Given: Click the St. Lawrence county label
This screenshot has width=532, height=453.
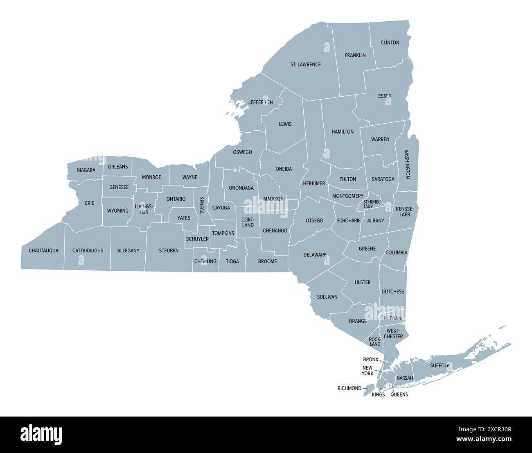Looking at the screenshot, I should coord(305,65).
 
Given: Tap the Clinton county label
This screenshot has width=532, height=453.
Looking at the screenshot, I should coord(390,43).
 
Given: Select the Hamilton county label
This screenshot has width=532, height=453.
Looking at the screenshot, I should coord(343,132).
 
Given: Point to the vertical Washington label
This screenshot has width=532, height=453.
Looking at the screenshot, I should coord(407,164).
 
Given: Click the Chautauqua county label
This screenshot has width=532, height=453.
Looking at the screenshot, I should coord(43,251).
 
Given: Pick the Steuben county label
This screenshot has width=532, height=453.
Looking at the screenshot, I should coord(169,251).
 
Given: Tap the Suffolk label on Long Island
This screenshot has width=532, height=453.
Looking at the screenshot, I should coord(440,365).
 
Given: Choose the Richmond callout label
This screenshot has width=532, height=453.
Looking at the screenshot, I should coord(349,388).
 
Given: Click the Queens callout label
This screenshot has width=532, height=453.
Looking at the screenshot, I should coord(399,395).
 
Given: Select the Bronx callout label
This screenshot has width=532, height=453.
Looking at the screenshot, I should coord(371,360).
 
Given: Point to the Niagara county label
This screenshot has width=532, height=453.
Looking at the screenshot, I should coord(86,170).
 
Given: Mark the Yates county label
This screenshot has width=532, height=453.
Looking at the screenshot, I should coord(184,218).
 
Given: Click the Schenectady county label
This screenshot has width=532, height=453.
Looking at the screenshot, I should coord(372,204).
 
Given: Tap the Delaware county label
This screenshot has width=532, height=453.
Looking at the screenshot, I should coord(315,255).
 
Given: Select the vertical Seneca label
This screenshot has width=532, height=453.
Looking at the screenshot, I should coord(201,205).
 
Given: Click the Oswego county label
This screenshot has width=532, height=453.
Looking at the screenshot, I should coord(242,152).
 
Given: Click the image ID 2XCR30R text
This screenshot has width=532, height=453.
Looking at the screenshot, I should coord(497,430).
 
